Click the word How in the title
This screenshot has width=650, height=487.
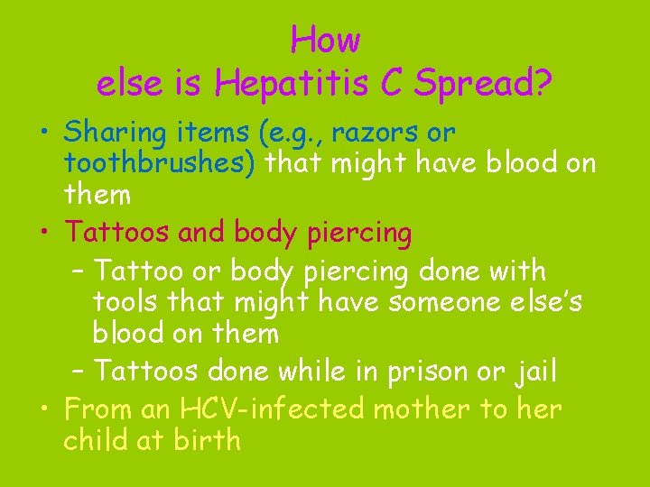click(325, 40)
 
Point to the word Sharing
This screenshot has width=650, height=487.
click(115, 133)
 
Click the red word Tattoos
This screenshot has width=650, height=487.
click(116, 233)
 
